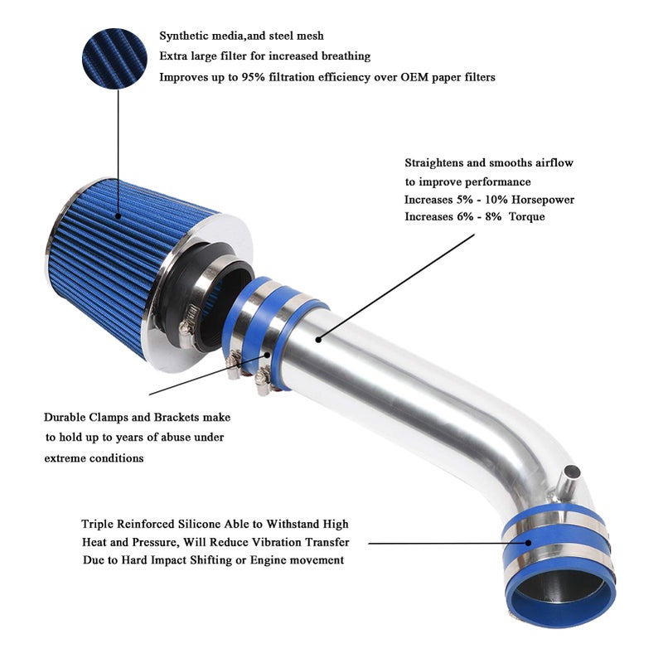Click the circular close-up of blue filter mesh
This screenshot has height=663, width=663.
pyautogui.click(x=114, y=58)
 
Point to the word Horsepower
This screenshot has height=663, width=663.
pyautogui.click(x=543, y=200)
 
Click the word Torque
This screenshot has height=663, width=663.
pyautogui.click(x=527, y=217)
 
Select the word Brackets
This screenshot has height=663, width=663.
pyautogui.click(x=177, y=418)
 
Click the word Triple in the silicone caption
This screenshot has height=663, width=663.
pyautogui.click(x=97, y=525)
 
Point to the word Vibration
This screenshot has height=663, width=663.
pyautogui.click(x=277, y=542)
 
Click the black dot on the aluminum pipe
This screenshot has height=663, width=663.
pyautogui.click(x=318, y=339)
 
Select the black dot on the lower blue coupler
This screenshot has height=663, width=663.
pyautogui.click(x=529, y=544)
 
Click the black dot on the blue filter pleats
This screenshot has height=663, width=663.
pyautogui.click(x=119, y=216)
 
